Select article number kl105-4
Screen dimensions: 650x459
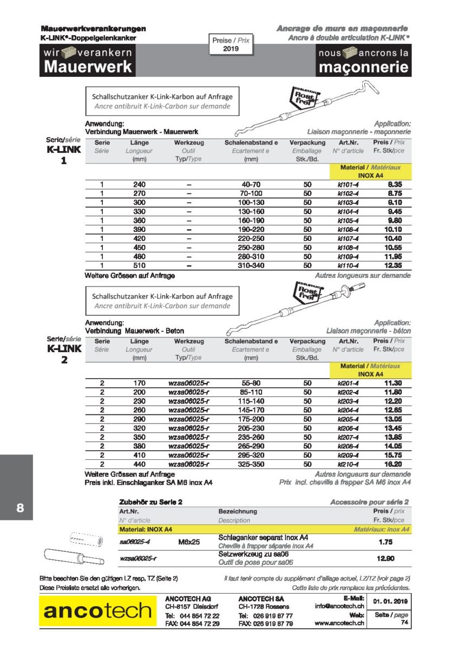point(348,220)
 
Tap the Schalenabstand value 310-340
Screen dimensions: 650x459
point(251,265)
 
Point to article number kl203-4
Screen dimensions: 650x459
point(348,401)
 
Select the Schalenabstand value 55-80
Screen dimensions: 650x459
point(251,383)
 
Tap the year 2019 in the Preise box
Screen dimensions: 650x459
point(231,49)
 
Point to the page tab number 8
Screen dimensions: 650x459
point(20,508)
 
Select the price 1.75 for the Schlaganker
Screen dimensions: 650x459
point(385,542)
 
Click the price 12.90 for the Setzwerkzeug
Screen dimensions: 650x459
point(385,558)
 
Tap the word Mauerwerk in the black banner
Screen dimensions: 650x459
point(88,67)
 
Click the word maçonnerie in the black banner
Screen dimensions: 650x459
point(363,67)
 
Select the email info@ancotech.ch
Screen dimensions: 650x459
point(339,607)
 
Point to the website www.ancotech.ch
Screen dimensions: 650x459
point(339,624)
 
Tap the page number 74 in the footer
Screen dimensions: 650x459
point(404,623)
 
